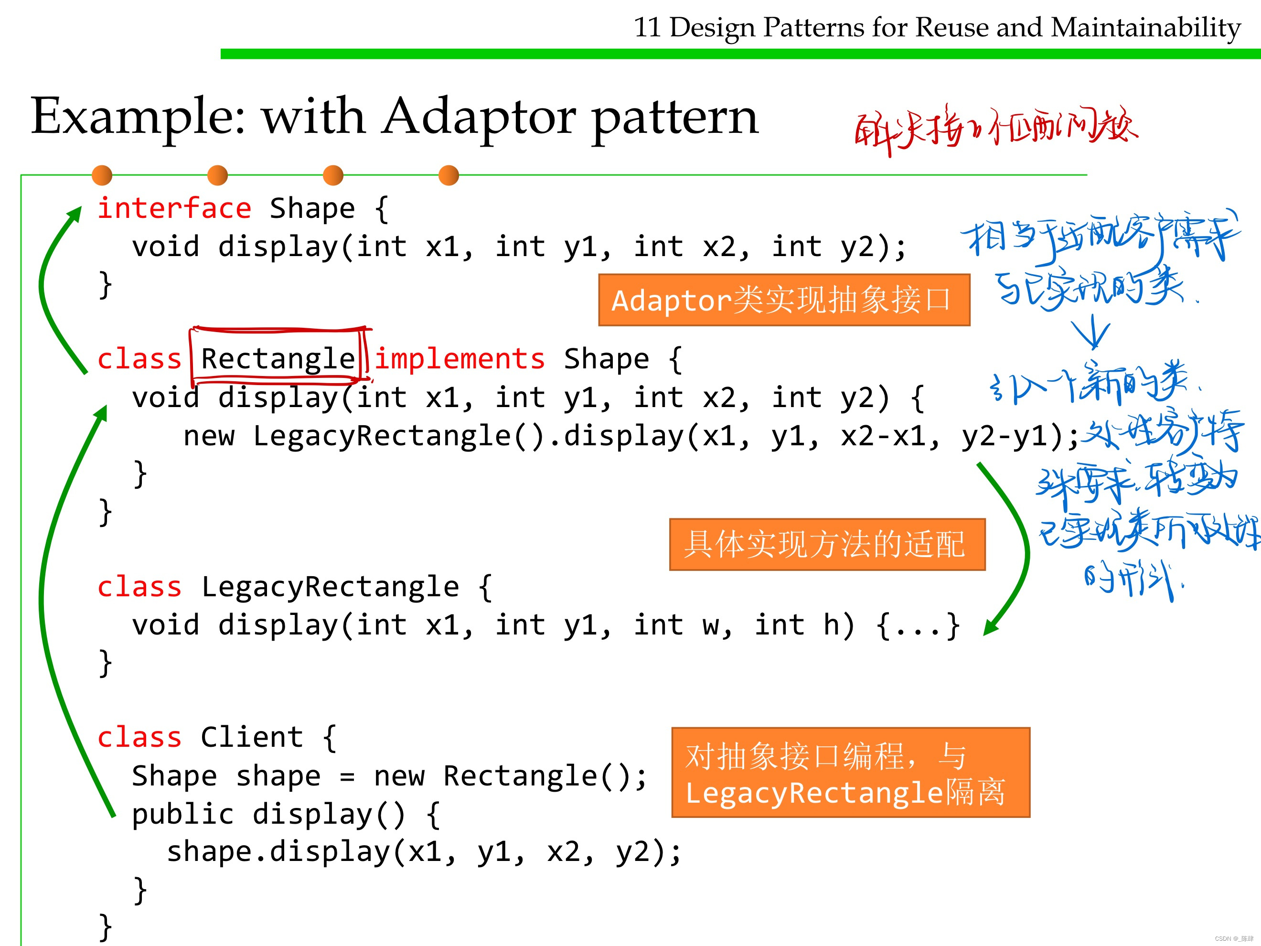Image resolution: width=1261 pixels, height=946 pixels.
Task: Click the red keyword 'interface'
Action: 174,208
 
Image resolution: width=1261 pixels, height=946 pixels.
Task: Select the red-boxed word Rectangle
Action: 278,359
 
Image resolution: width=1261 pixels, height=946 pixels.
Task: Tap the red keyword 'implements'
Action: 460,359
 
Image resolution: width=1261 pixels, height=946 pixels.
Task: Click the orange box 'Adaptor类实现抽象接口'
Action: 784,300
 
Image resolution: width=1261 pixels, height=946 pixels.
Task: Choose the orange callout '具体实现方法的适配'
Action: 827,544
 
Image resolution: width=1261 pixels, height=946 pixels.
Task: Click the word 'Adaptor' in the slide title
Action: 479,117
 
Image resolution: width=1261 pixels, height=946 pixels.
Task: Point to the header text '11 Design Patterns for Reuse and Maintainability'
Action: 937,27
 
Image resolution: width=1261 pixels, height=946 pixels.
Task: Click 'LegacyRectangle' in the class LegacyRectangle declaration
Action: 330,587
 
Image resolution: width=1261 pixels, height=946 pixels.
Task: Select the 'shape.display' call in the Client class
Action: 278,852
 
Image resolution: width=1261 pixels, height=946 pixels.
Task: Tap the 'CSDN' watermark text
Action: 1223,938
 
